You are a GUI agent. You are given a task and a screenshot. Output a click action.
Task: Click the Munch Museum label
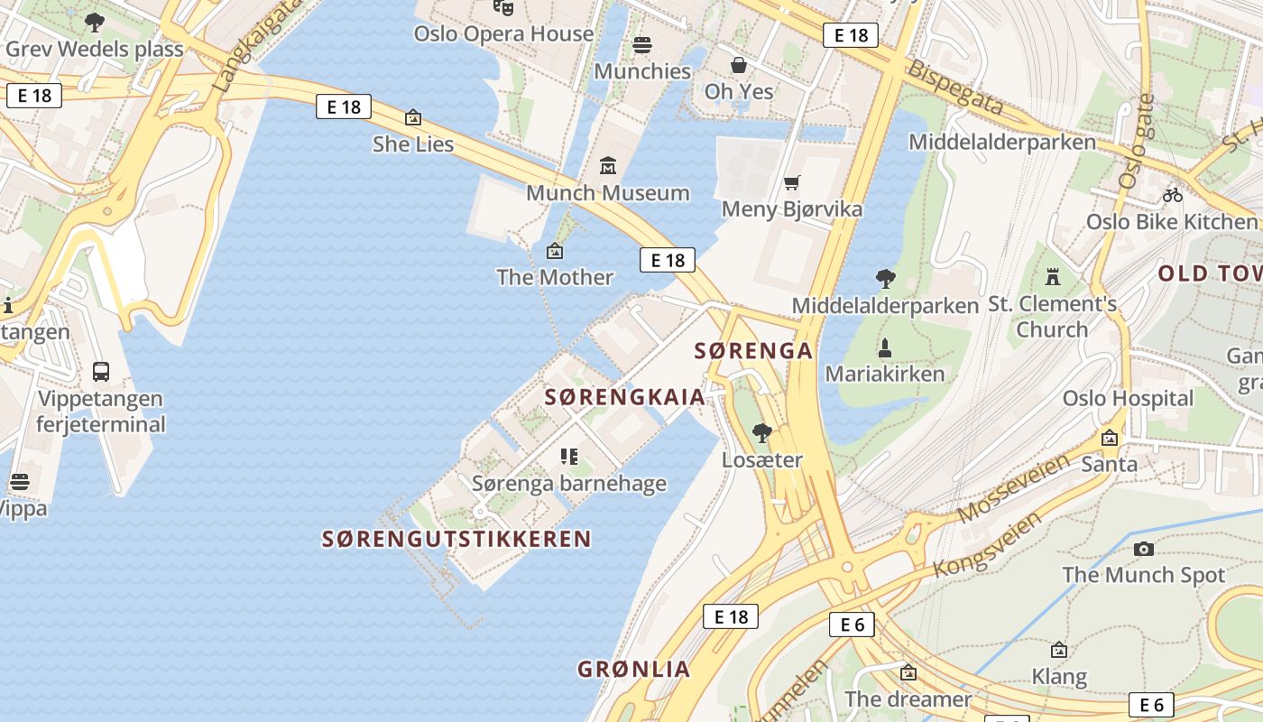608,193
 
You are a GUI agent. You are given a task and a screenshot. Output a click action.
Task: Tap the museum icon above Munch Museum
608,166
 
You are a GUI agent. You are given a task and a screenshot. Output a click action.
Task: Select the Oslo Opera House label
503,34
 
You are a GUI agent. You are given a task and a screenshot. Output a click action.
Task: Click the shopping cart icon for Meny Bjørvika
792,183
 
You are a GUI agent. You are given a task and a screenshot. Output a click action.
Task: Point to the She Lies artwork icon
413,117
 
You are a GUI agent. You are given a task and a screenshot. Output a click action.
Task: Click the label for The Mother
555,277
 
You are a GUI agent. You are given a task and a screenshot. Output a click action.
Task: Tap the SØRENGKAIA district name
624,397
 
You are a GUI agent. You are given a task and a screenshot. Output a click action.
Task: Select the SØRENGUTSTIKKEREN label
456,540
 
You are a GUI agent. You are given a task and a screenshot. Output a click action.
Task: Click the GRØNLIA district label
634,670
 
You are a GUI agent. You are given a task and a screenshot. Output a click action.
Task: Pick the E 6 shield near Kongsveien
852,625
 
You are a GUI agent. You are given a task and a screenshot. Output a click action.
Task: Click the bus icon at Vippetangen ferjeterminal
101,372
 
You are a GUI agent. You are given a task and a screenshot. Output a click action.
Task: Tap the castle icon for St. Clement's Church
1052,277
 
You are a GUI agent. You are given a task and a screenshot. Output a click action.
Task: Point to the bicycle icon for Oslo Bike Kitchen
1172,194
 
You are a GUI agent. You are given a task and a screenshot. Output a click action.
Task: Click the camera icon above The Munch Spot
1144,549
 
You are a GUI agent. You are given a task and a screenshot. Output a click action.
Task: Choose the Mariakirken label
885,374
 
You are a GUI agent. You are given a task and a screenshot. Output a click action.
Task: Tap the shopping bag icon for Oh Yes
739,65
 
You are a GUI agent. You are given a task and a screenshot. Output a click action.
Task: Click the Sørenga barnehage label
569,484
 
